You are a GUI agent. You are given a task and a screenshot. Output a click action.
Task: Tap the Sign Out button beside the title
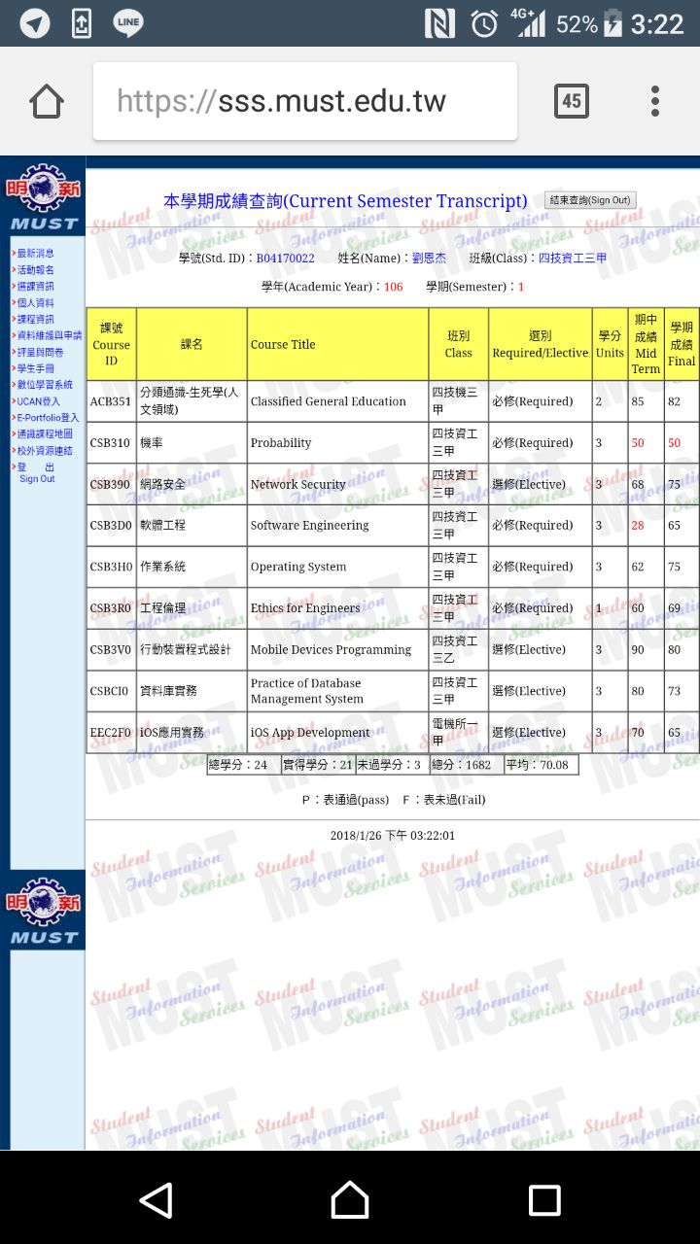590,200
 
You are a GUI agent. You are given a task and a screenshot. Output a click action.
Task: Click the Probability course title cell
281,443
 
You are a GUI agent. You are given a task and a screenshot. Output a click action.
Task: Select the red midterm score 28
638,526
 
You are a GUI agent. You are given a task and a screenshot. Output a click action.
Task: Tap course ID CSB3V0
110,650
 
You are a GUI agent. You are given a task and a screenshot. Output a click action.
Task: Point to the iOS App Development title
310,733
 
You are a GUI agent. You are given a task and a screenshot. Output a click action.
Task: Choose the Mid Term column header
646,344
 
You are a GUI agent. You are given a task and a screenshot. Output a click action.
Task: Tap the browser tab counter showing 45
571,101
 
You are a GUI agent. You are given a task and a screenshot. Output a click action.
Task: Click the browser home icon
47,101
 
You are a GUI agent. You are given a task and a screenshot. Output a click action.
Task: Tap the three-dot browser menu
655,101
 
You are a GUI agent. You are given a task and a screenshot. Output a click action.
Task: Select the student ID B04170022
285,259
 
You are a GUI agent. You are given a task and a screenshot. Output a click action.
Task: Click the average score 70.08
542,765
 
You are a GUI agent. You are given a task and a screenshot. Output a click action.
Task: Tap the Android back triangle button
157,1200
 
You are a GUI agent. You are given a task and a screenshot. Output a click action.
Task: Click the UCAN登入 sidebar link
38,401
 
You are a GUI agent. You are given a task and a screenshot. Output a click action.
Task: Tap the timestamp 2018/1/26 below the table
392,836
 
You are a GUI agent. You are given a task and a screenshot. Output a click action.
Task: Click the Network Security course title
297,485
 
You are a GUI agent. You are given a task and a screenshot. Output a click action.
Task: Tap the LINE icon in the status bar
128,22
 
